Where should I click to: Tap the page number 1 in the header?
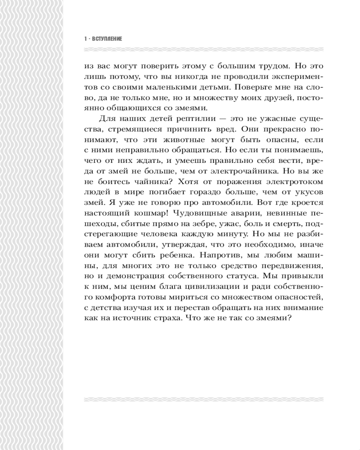(85, 40)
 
